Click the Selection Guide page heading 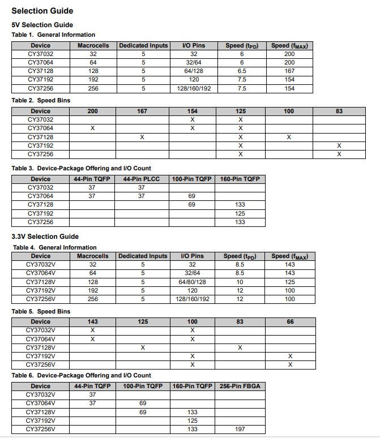tap(42, 11)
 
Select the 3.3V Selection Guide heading tap(45, 236)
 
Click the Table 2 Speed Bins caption tap(41, 100)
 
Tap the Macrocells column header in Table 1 tap(93, 45)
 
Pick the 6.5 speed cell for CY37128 tap(242, 71)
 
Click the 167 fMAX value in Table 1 tap(289, 71)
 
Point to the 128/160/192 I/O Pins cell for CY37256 tap(193, 89)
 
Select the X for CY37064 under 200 tap(93, 128)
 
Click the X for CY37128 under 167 tap(142, 137)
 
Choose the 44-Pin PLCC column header tap(142, 179)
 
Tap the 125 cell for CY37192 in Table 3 tap(240, 213)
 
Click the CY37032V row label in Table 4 tap(41, 264)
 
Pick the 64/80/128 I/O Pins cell tap(193, 282)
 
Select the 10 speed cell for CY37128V tap(240, 282)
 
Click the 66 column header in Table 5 tap(290, 321)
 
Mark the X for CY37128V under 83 tap(240, 347)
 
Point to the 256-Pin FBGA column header tap(240, 386)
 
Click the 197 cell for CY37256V tap(240, 429)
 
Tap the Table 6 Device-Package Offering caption tap(82, 375)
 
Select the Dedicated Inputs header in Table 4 tap(143, 256)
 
